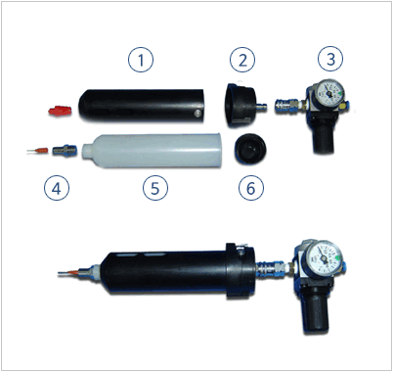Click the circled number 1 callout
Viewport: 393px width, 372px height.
(141, 60)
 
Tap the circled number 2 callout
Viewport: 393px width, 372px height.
(242, 60)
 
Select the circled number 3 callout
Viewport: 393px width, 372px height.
(330, 59)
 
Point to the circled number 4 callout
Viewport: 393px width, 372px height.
(57, 188)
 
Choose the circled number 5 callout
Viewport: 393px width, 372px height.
(155, 188)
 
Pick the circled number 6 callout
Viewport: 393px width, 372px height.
(251, 188)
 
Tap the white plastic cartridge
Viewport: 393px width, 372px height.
(153, 151)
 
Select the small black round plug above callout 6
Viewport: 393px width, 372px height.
(250, 149)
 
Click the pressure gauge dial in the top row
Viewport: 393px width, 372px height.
(328, 92)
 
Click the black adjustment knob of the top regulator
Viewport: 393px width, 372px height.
(324, 139)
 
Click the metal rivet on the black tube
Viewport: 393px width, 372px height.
(196, 114)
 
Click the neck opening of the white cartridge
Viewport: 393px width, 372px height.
(86, 152)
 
